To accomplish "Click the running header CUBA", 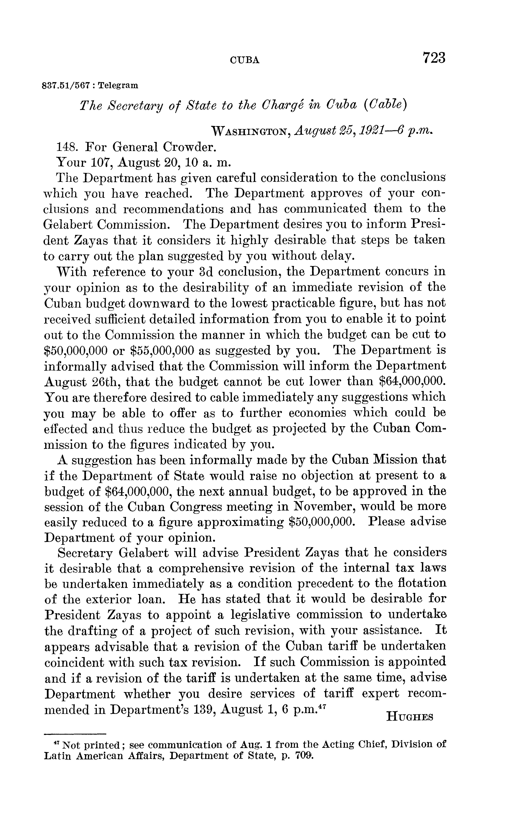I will point(245,61).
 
